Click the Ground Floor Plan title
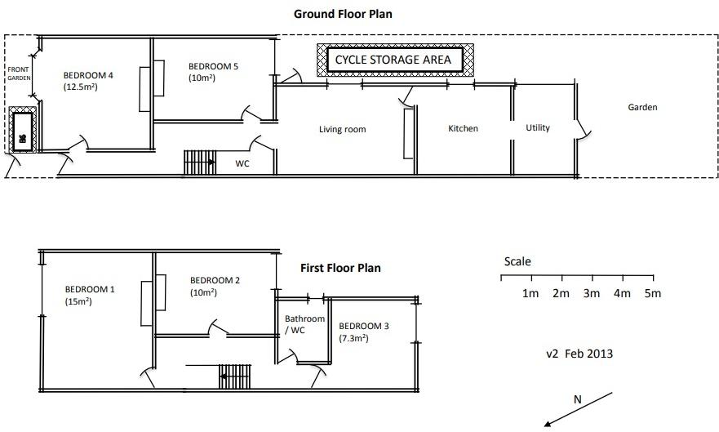pos(348,14)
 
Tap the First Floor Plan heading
pos(340,268)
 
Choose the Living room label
pos(342,129)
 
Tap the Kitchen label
pos(463,128)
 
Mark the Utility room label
pos(538,127)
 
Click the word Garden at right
pos(642,107)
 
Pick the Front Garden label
pos(19,73)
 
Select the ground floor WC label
pos(242,163)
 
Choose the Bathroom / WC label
pos(304,324)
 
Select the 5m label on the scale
pos(652,293)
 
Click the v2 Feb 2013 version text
pos(579,354)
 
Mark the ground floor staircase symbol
pos(198,162)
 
